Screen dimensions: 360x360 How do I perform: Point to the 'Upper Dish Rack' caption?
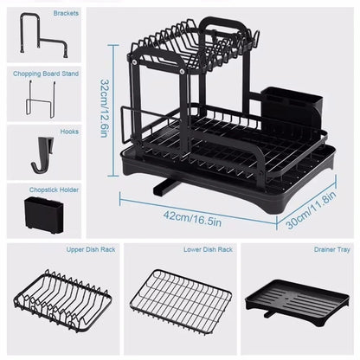click(x=61, y=249)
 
